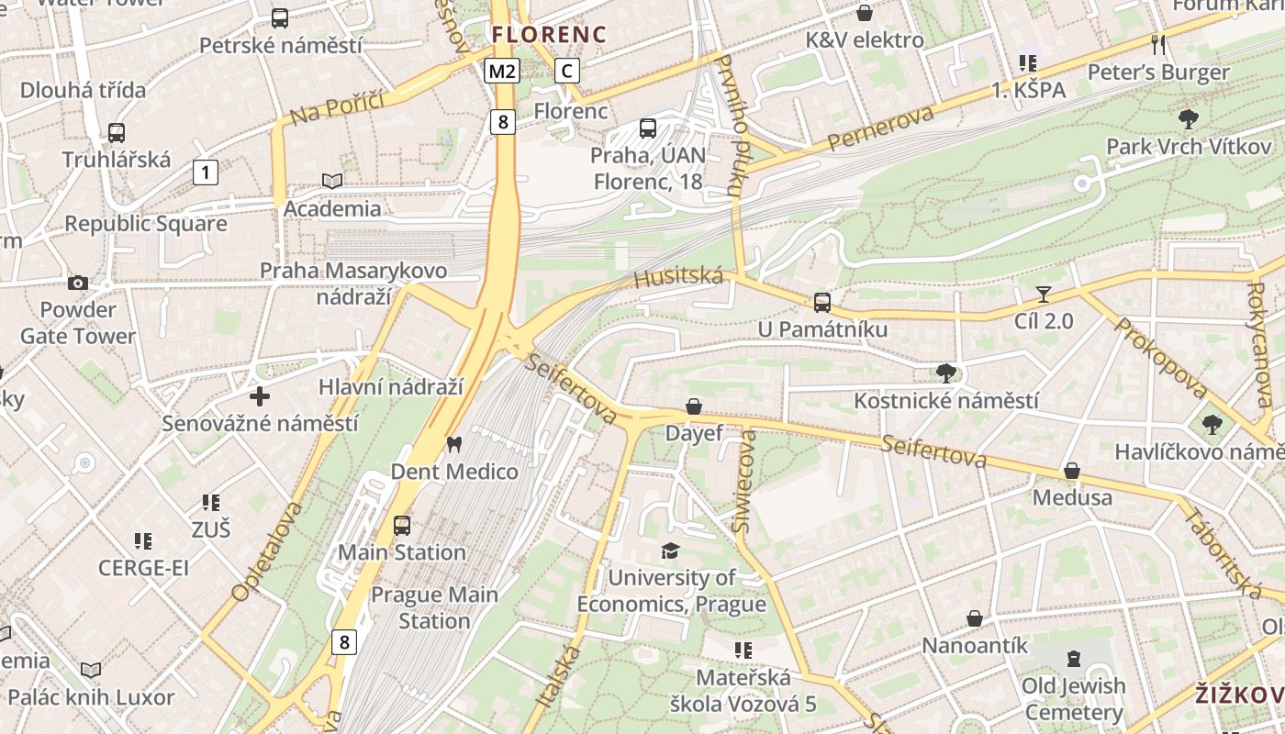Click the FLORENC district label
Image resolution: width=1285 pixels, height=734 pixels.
pos(549,35)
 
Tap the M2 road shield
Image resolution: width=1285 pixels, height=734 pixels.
pos(502,72)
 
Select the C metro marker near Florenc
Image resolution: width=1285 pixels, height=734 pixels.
pos(567,71)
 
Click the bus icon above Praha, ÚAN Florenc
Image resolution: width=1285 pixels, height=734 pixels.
pos(648,128)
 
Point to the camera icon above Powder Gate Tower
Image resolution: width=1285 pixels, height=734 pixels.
pos(78,283)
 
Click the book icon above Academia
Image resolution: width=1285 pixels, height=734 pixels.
pos(332,182)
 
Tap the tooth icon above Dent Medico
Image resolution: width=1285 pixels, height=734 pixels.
pos(453,445)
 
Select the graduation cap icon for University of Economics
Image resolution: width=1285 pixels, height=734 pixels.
pos(671,550)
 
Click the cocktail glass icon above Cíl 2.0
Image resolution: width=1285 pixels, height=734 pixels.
pos(1043,295)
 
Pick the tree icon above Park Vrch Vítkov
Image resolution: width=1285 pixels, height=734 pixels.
pos(1188,118)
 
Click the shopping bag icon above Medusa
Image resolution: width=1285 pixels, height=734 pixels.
pos(1071,472)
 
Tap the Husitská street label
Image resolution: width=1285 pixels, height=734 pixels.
pos(678,277)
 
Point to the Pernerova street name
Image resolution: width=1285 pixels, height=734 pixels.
pos(880,128)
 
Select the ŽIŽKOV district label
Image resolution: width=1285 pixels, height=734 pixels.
pos(1239,695)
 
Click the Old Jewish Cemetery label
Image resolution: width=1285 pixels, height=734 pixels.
pos(1073,699)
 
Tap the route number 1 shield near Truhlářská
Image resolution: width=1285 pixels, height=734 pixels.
pos(206,172)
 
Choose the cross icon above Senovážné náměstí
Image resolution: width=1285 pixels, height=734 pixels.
pos(260,396)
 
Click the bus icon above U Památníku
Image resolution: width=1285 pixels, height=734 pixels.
pos(822,303)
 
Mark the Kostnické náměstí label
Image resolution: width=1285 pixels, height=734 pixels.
pos(946,401)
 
